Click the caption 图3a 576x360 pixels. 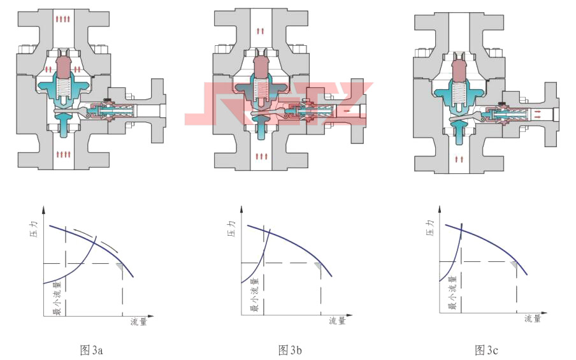point(91,350)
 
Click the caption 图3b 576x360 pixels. point(290,350)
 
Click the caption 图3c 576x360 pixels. point(486,350)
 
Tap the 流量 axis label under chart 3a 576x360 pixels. point(138,321)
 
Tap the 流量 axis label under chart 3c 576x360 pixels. point(533,318)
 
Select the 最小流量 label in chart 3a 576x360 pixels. point(58,298)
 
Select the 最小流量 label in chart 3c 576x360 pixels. point(452,292)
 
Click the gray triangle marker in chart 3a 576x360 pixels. point(120,267)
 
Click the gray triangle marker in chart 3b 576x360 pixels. point(318,266)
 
